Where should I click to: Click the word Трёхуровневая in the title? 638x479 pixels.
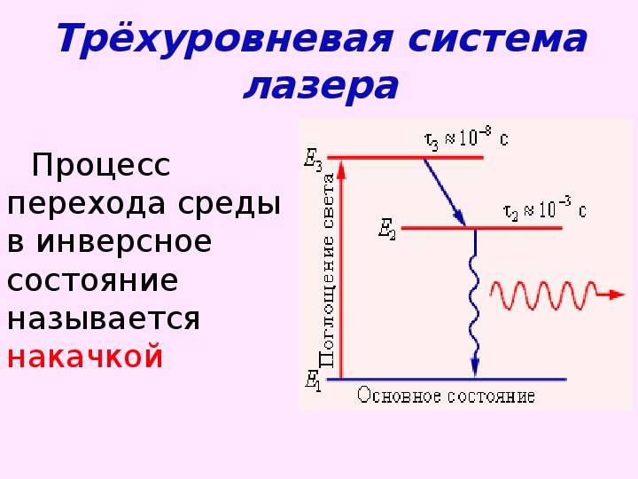coord(225,38)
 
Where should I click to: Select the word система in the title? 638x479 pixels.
coord(498,38)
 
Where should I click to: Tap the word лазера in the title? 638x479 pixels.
coord(321,87)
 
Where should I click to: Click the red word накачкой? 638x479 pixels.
coord(85,357)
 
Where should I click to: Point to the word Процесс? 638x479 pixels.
coord(100,165)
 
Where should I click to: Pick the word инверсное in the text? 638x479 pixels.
coord(124,242)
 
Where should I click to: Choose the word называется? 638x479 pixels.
coord(104,319)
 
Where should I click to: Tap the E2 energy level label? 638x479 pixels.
coord(387,229)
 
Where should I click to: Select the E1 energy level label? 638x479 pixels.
coord(313,381)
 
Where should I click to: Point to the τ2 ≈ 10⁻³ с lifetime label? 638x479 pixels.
coord(544,208)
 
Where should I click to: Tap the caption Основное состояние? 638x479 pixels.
coord(446,396)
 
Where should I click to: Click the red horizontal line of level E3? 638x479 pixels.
coord(405,157)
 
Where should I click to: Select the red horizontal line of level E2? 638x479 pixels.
coord(482,228)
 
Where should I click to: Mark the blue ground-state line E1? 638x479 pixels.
coord(447,380)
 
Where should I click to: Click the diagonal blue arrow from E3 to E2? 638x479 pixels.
coord(445,192)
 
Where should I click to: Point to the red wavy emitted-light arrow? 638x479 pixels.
coord(557,294)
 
